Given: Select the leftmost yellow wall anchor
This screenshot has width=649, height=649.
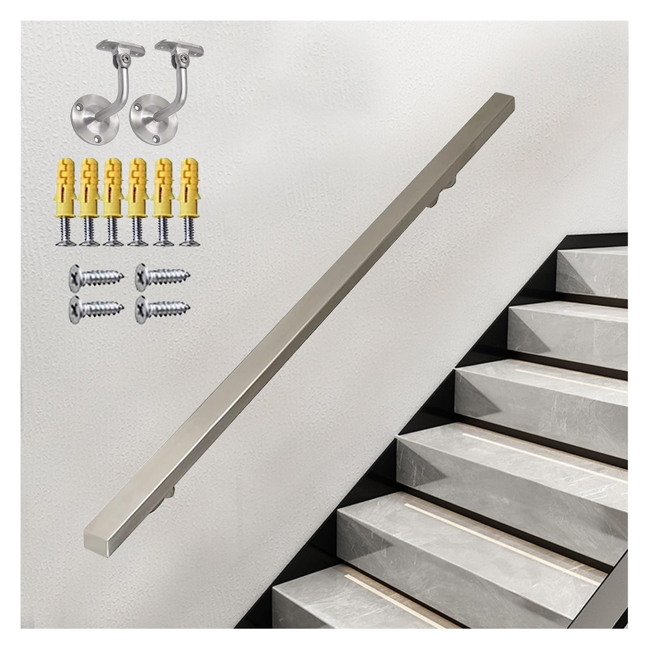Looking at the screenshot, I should [64, 185].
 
